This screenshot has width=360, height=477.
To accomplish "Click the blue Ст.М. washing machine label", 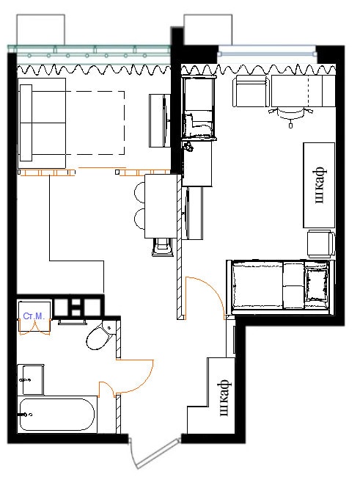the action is (x=34, y=316).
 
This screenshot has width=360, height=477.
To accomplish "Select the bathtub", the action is (x=57, y=415).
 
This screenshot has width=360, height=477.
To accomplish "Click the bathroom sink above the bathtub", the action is (x=32, y=379).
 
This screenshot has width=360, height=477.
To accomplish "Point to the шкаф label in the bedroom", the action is (x=320, y=185).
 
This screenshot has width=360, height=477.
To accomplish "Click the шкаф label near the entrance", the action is (x=224, y=397).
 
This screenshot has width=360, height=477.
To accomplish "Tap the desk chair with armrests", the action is (x=290, y=116).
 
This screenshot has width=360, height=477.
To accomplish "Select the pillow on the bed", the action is (x=316, y=284).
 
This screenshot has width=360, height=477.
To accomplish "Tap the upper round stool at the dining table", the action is (x=139, y=192).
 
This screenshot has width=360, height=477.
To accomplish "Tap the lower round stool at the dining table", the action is (x=139, y=219).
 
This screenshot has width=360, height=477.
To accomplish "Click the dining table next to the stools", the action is (x=161, y=206).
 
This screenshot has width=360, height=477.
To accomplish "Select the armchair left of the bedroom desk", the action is (x=251, y=91).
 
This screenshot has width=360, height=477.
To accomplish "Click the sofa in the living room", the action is (x=42, y=123).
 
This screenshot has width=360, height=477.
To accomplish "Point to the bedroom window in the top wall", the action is (x=268, y=51).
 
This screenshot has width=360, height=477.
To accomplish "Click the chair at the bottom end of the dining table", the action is (x=162, y=247).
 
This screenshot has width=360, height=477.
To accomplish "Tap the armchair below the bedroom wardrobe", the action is (x=321, y=244).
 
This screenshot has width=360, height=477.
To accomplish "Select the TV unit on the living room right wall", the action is (x=160, y=120).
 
